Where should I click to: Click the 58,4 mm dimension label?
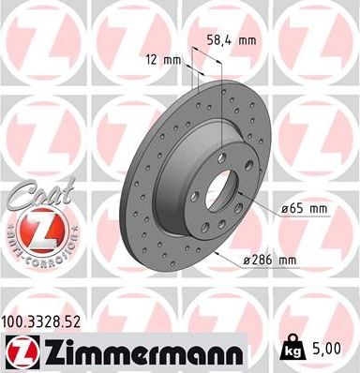tap(232, 40)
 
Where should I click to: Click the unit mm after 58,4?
tap(249, 40)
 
